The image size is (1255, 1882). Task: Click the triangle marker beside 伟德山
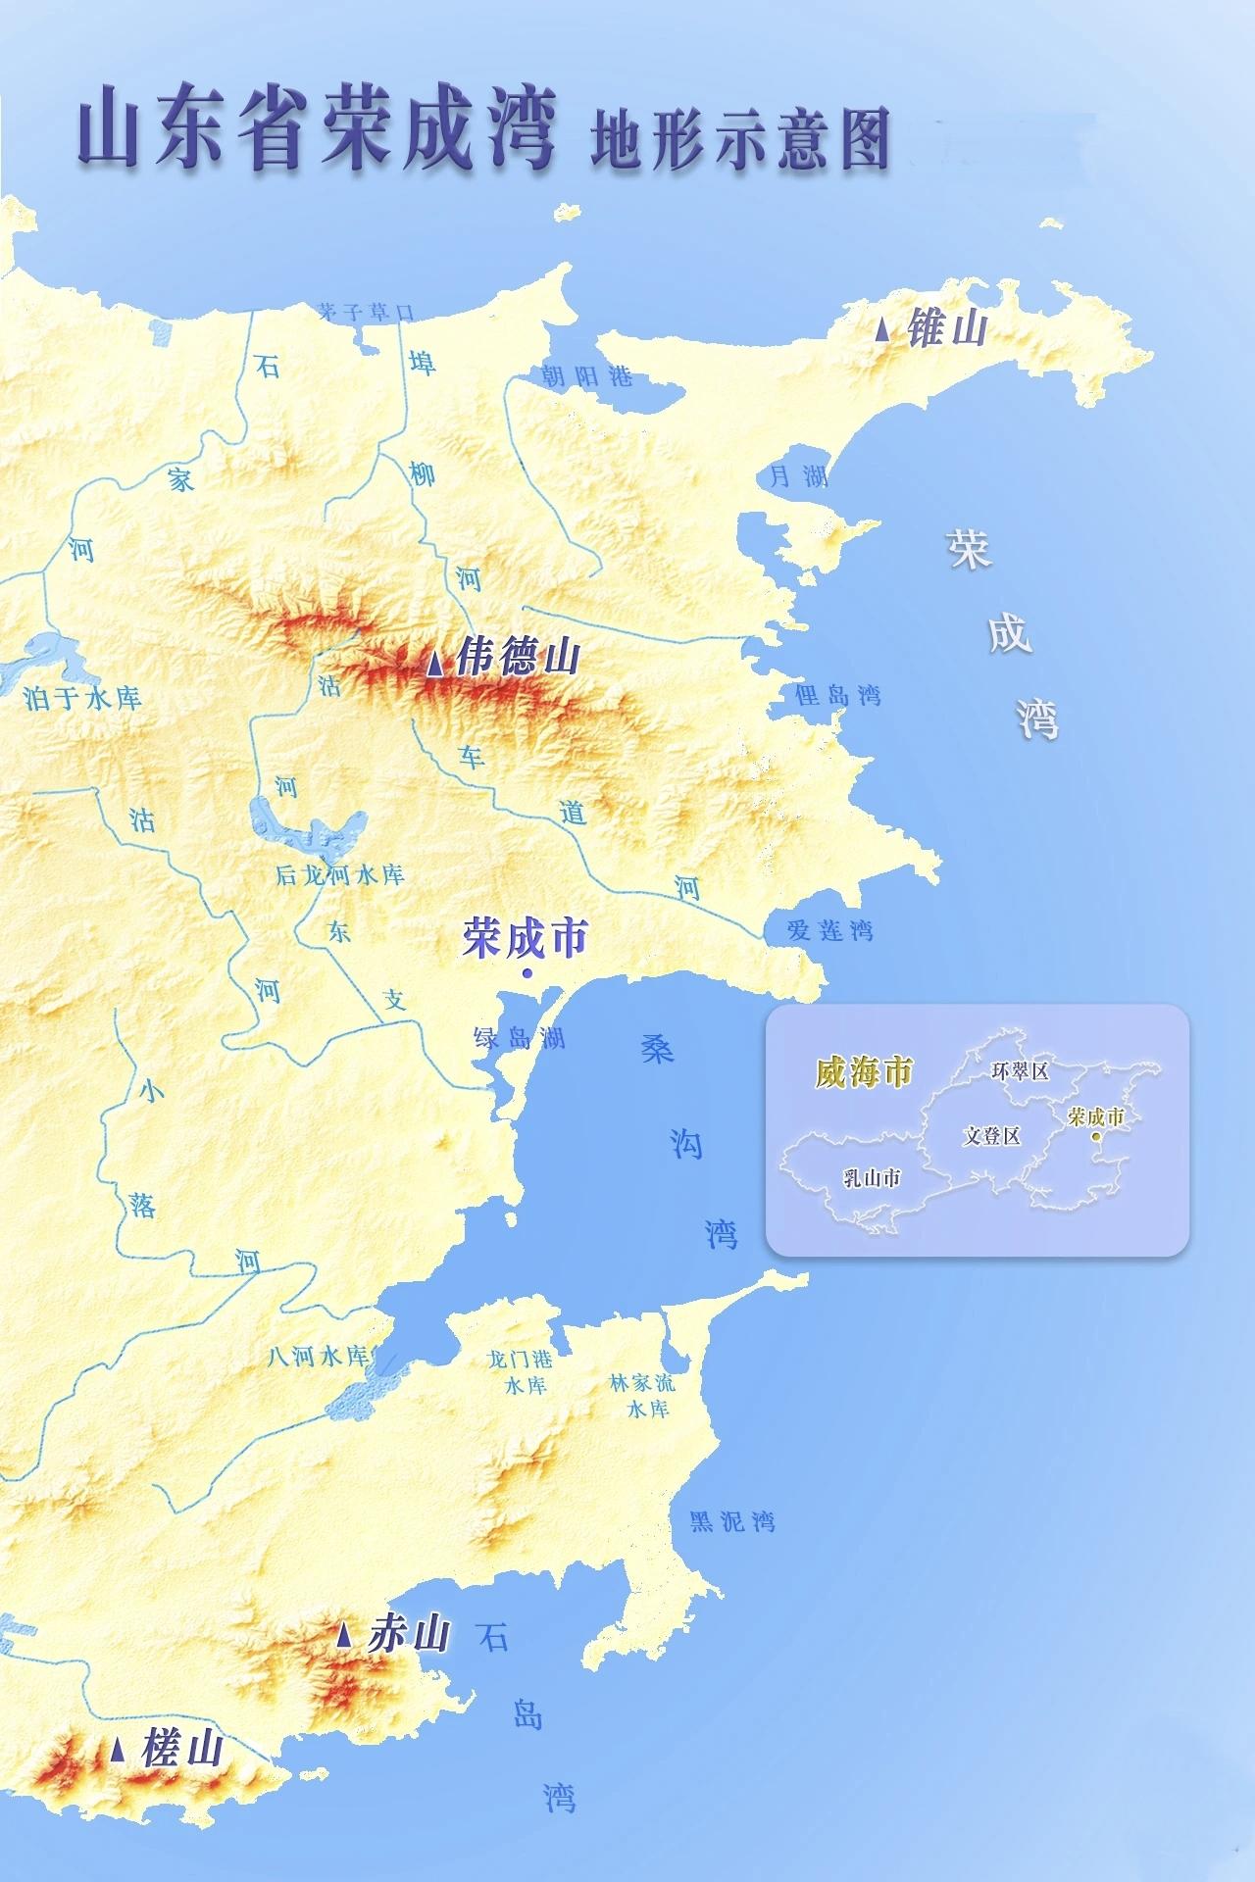(x=434, y=665)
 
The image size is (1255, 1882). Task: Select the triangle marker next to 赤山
(x=343, y=1634)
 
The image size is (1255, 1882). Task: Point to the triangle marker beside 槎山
(x=118, y=1750)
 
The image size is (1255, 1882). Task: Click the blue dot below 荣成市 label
(x=527, y=972)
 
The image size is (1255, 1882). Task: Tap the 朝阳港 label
(x=587, y=376)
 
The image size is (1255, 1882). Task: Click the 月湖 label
(x=798, y=476)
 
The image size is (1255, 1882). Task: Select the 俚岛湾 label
(x=838, y=695)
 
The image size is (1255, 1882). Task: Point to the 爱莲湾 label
(x=829, y=930)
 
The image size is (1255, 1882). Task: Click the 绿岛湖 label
(x=519, y=1037)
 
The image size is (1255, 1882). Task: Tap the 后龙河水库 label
(x=339, y=874)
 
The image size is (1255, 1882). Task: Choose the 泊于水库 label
(x=82, y=698)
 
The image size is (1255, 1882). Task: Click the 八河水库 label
(x=318, y=1357)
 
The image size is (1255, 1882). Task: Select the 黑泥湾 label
(x=731, y=1521)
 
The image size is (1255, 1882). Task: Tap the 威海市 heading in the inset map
(x=864, y=1071)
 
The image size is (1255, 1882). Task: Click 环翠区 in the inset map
(x=1020, y=1071)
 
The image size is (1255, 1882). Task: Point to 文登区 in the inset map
(x=991, y=1135)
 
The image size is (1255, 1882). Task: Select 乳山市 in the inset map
(x=872, y=1177)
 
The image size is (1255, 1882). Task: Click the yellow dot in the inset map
(x=1095, y=1137)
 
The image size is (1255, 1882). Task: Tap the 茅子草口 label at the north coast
(x=366, y=312)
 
